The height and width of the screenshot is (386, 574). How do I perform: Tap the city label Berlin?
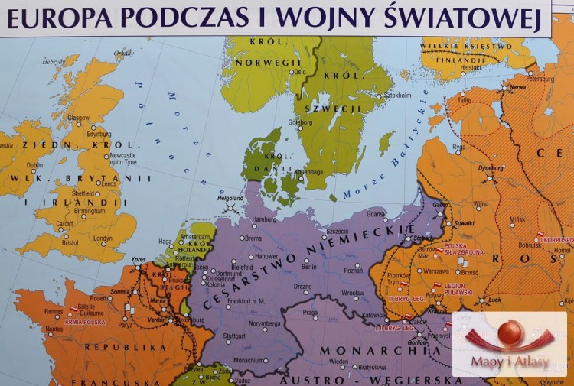(309, 267)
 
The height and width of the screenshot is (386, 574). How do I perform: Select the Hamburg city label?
(263, 219)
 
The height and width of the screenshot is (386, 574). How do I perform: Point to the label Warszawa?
(435, 271)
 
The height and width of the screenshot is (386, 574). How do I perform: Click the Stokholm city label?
(397, 96)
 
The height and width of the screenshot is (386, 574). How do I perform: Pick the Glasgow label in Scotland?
(78, 118)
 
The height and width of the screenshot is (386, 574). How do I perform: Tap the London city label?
(103, 238)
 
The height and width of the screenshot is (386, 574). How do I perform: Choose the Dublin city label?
(35, 164)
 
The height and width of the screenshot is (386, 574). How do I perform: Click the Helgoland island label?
(230, 198)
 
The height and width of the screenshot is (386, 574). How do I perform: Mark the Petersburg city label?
(540, 79)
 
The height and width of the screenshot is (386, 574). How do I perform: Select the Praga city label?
(309, 313)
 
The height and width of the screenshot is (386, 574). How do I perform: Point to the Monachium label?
(249, 360)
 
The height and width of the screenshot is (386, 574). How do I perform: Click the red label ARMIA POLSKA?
(85, 322)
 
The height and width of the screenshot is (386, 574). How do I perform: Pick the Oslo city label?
(298, 72)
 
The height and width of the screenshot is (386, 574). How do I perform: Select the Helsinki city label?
(471, 67)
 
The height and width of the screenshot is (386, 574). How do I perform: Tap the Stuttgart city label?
(234, 335)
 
